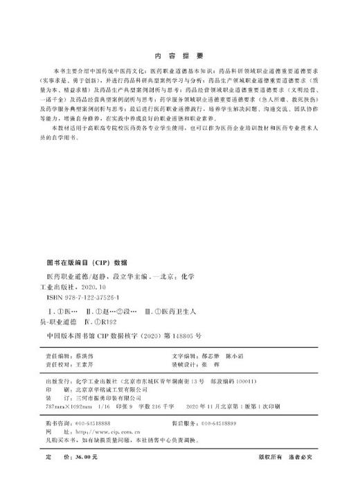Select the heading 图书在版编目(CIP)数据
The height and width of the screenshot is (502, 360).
pos(87,263)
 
